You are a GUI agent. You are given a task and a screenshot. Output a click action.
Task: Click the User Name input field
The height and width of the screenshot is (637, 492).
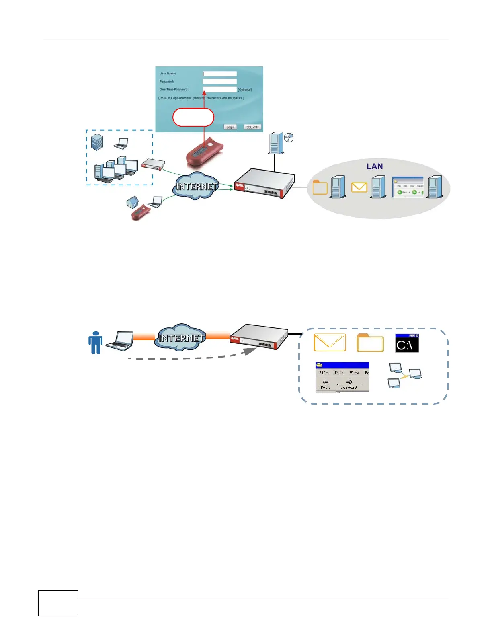tap(219, 74)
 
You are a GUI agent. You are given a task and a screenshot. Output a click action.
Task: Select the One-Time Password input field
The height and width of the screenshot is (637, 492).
tap(219, 89)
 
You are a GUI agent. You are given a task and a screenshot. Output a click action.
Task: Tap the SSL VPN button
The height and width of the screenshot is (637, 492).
tap(252, 127)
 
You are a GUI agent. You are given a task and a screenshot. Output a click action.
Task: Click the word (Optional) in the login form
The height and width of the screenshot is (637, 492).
tap(245, 90)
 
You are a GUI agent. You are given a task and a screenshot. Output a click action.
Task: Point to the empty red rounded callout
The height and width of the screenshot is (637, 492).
tap(193, 117)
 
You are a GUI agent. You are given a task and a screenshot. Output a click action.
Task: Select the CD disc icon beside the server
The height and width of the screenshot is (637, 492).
tap(289, 138)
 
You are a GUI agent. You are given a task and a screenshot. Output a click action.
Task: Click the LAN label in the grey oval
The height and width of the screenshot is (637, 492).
tap(374, 166)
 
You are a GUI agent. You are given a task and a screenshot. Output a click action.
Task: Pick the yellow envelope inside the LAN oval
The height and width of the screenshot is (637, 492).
tap(359, 187)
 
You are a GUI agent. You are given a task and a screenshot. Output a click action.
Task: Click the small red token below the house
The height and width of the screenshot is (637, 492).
tap(139, 212)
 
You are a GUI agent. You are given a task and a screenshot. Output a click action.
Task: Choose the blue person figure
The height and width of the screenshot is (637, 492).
tap(95, 342)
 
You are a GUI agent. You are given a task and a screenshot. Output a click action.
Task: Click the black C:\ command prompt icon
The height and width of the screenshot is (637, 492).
tap(407, 343)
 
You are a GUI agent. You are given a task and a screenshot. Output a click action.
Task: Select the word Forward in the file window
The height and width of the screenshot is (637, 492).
tap(349, 388)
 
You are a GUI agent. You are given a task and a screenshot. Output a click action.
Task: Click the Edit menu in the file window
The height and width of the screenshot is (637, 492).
tap(339, 373)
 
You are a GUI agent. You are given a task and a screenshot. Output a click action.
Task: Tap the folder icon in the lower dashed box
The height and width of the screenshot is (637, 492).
tap(370, 343)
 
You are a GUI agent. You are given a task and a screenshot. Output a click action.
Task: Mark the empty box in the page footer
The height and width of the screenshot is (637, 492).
tap(58, 603)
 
